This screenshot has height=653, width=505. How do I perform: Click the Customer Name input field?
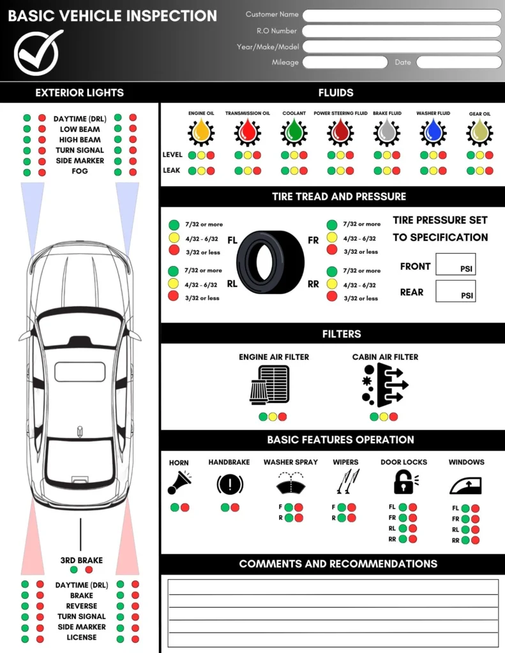[x=402, y=15]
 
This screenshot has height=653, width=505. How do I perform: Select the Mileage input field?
[x=345, y=62]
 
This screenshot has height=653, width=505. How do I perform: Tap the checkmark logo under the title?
[x=38, y=53]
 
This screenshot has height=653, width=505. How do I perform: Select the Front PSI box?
[x=455, y=265]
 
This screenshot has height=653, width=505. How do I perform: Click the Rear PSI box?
[x=455, y=291]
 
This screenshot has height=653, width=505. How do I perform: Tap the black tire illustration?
[x=271, y=261]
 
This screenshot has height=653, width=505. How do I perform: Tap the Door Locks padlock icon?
[x=404, y=482]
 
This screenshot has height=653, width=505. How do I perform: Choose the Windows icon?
[x=465, y=485]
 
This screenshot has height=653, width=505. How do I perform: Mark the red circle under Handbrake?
[x=235, y=508]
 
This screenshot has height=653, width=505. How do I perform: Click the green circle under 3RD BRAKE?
[x=73, y=569]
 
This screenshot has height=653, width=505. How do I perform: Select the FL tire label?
[x=232, y=241]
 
